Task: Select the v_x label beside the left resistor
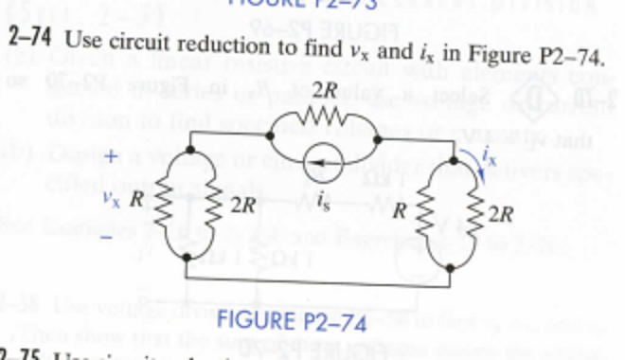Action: coord(112,201)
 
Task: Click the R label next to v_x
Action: coord(137,201)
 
